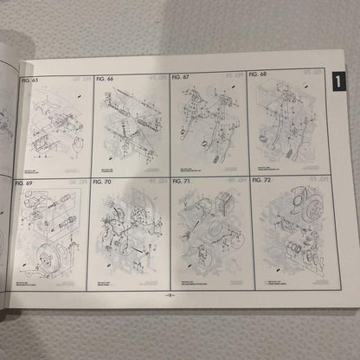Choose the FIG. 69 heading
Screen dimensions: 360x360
click(25, 183)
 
